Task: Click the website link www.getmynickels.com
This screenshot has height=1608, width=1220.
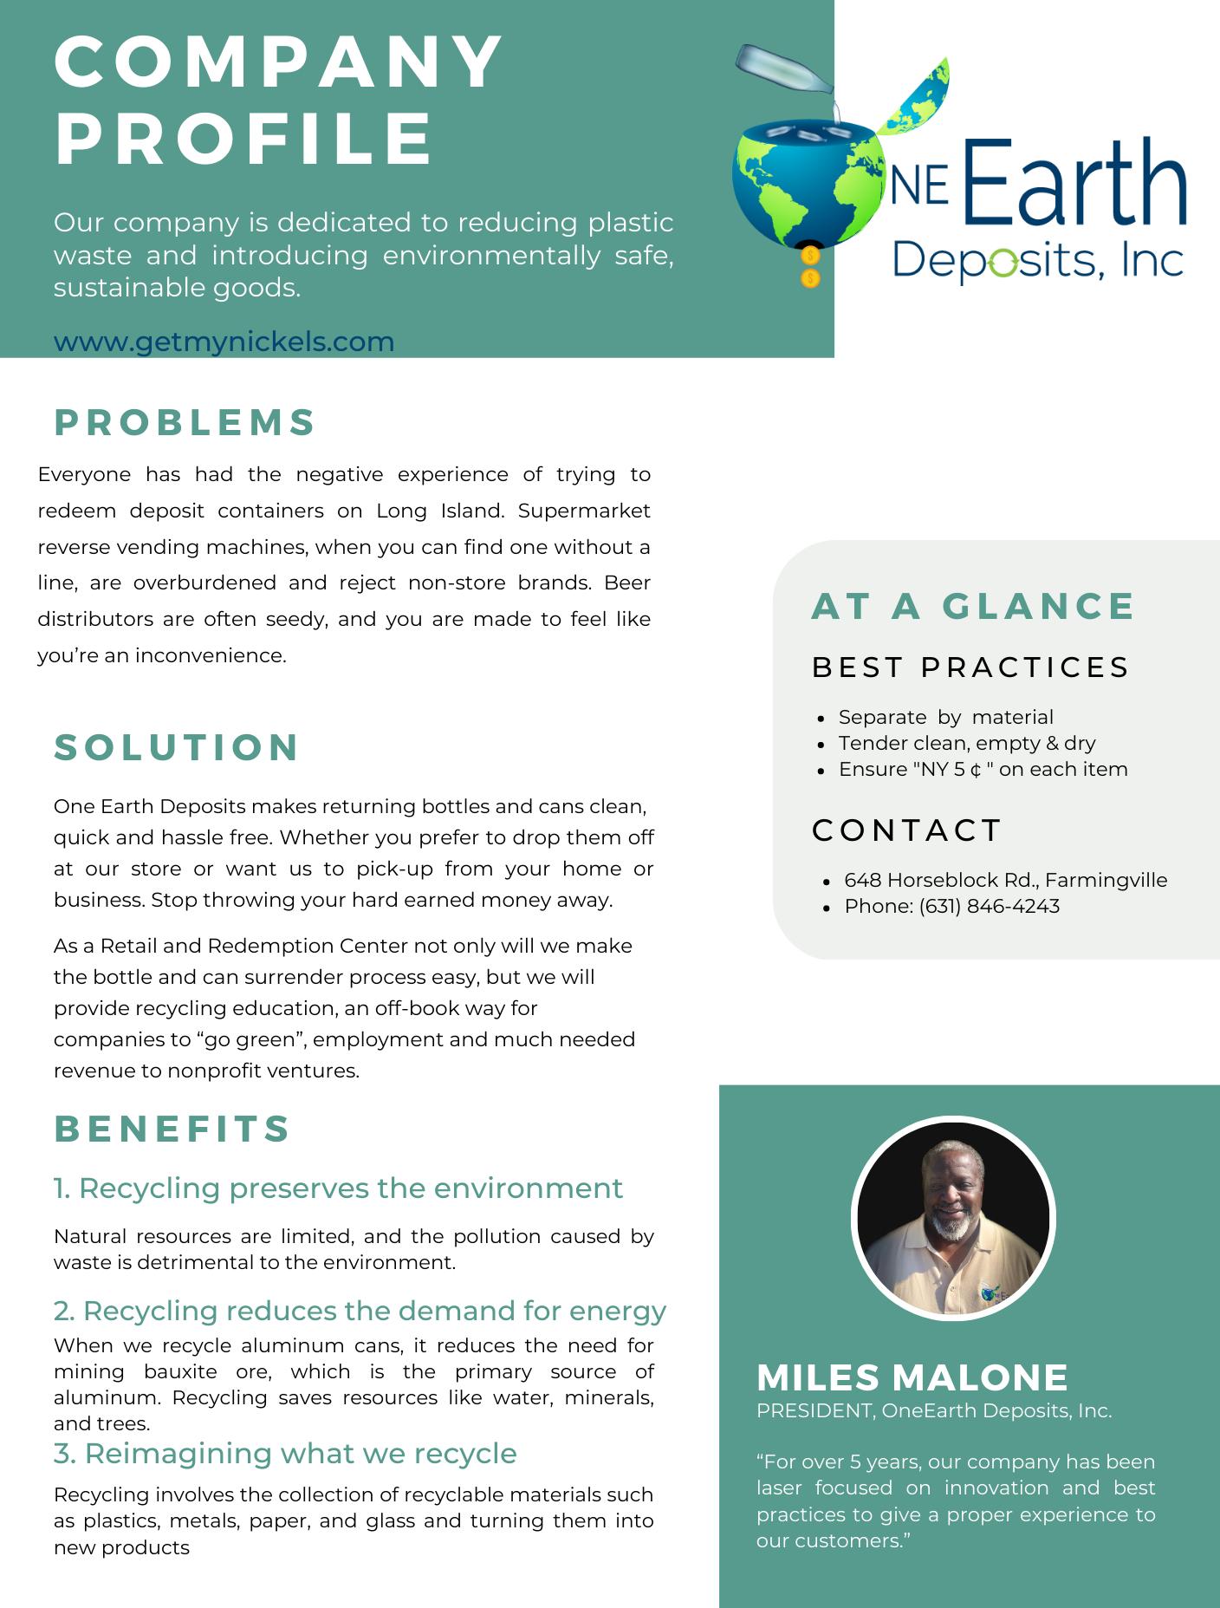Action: coord(224,342)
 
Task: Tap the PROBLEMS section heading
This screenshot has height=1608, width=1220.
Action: coord(185,422)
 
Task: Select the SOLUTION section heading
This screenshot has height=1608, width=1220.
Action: coord(177,747)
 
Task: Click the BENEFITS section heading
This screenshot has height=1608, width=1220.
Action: coord(172,1129)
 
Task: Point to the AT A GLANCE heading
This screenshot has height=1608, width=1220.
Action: coord(972,606)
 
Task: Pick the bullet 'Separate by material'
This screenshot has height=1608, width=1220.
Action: coord(945,717)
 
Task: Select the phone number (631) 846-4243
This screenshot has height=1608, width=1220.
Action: coord(989,906)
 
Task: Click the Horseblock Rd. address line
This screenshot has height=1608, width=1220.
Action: coord(1005,880)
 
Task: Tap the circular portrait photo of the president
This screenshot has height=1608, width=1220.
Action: coord(953,1217)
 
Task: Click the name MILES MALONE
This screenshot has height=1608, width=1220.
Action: coord(912,1377)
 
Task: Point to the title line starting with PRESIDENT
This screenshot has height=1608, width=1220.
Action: coord(933,1410)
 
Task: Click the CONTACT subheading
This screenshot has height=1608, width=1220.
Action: coord(906,830)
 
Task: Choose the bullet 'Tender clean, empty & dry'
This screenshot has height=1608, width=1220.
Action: coord(966,743)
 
